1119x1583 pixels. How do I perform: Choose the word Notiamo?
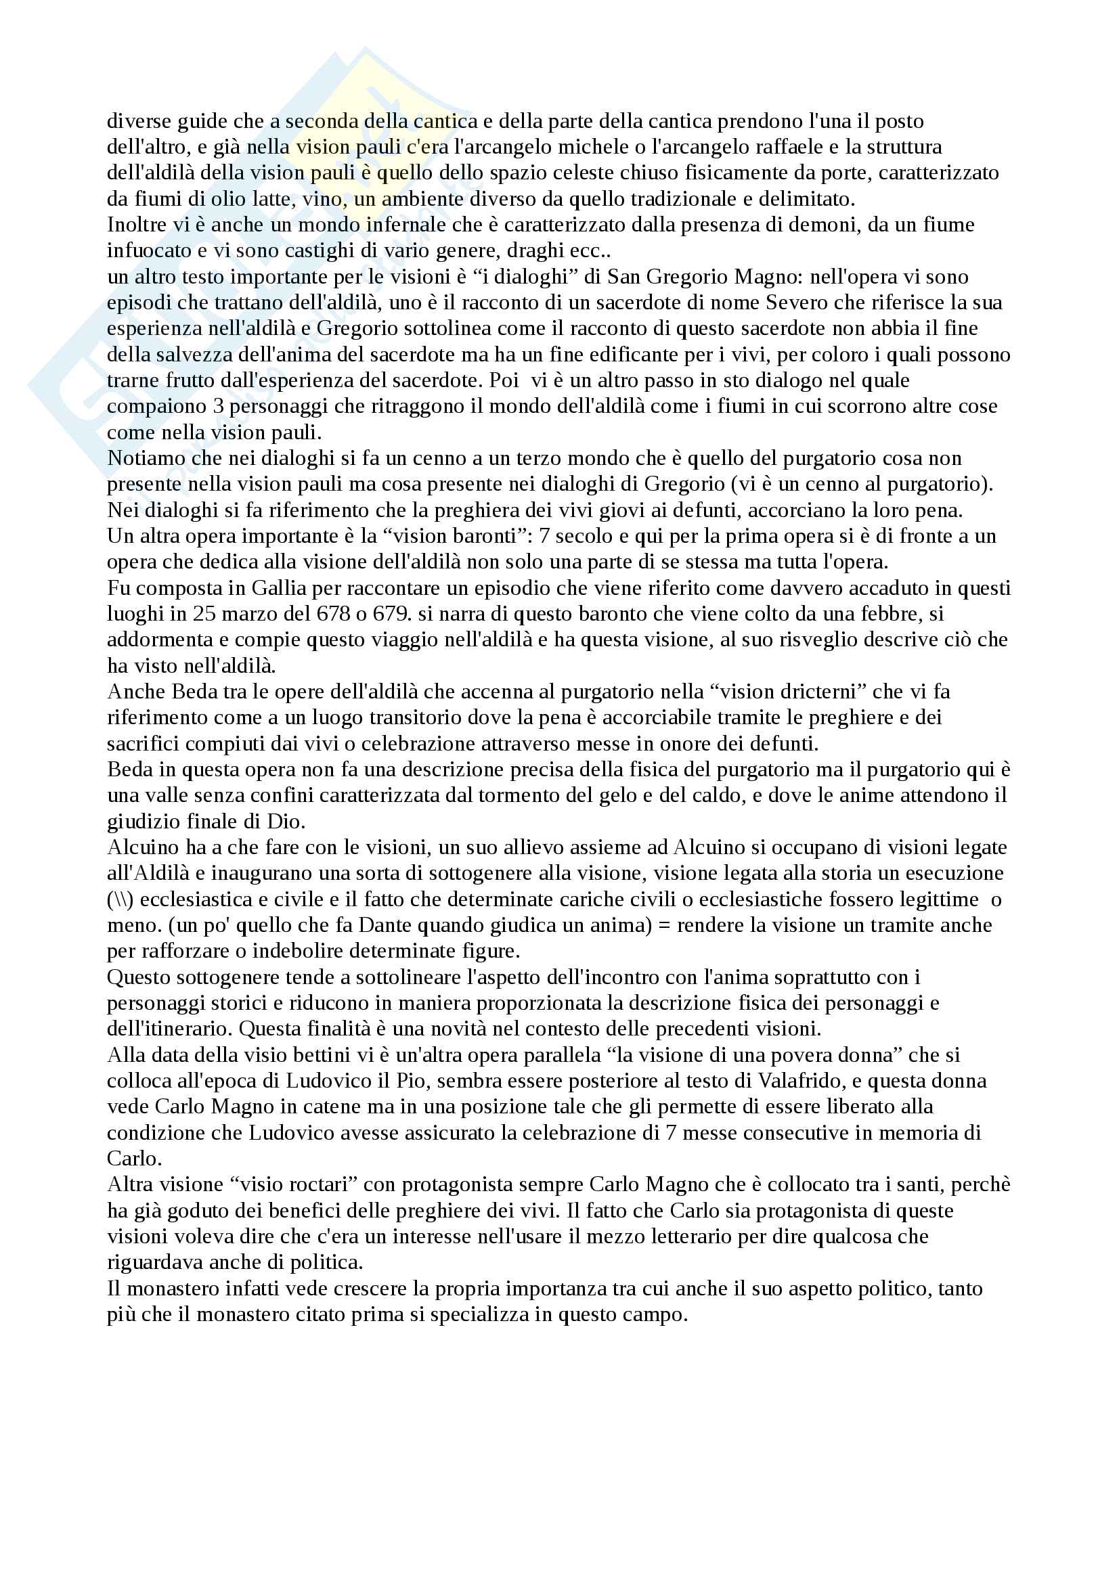(146, 458)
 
